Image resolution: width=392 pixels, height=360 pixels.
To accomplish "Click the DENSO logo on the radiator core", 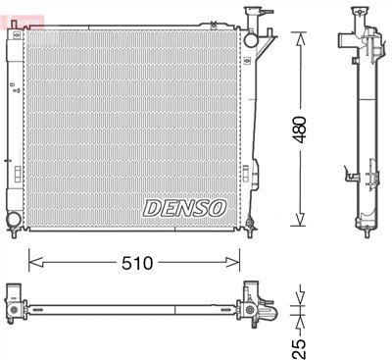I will (x=185, y=207).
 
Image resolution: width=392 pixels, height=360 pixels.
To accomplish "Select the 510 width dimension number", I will (x=136, y=262).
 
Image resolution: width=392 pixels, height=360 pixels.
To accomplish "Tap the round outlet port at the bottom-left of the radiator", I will (x=14, y=219).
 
